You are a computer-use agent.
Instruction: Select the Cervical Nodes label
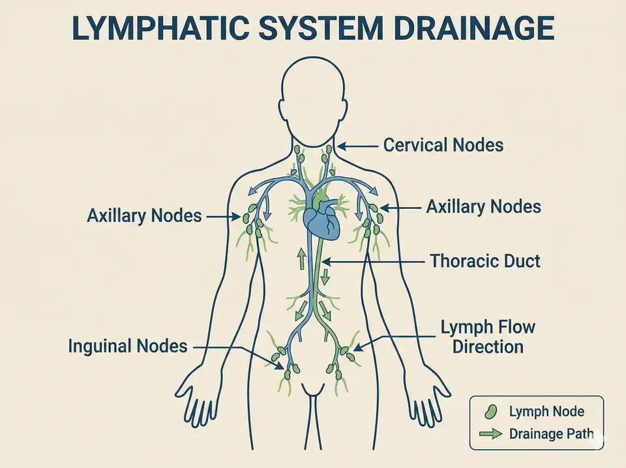point(443,145)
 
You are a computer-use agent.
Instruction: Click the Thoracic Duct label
point(485,262)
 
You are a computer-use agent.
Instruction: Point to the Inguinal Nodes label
point(128,347)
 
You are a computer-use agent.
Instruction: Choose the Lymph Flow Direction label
point(488,336)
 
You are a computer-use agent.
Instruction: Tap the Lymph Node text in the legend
point(546,411)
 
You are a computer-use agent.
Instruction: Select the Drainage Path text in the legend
point(551,433)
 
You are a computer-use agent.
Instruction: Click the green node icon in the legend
point(490,411)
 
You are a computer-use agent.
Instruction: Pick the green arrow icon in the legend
point(490,433)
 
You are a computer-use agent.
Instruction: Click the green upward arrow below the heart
point(302,258)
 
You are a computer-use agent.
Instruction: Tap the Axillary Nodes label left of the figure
point(144,215)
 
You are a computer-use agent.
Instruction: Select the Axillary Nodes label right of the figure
point(483,208)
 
